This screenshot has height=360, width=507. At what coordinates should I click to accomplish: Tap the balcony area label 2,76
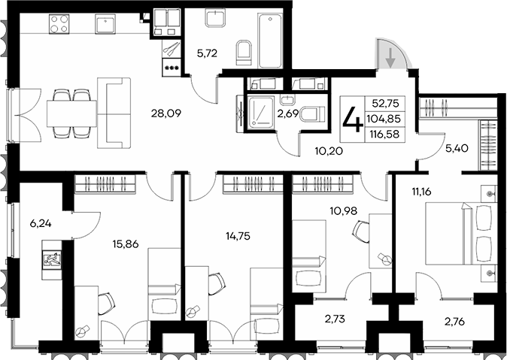[454, 322]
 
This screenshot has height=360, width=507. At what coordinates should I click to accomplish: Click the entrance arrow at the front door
[391, 56]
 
